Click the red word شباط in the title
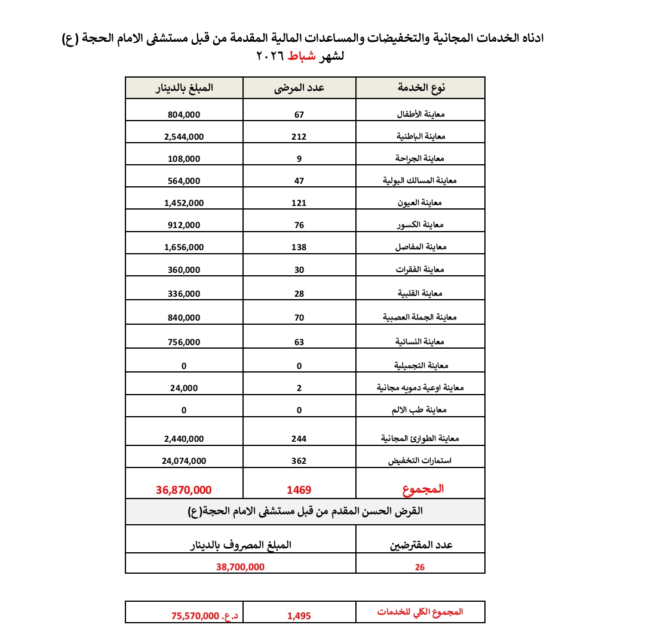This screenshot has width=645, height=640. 301,57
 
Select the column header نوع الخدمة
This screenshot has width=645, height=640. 422,88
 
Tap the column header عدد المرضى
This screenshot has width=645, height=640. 299,88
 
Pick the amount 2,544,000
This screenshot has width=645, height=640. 184,136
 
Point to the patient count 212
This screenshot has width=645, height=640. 299,136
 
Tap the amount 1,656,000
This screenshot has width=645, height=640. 184,247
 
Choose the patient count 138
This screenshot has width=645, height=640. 299,247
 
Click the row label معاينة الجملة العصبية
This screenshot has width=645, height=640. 422,318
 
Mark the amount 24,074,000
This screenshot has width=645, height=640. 184,461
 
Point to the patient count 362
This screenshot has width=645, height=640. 299,461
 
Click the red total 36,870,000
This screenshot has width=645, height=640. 184,490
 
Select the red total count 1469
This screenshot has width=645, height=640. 299,490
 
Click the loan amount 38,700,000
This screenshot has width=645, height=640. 240,567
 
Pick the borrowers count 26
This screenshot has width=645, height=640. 420,567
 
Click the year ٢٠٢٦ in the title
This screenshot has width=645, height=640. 270,57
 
